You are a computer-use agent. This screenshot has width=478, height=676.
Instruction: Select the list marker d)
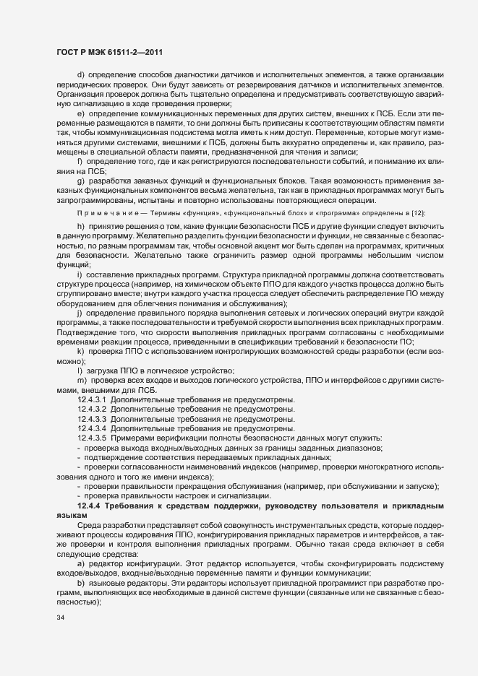[x=80, y=76]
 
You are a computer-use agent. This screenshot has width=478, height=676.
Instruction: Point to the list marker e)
[x=80, y=114]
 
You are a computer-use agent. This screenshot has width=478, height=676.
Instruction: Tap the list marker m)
[x=81, y=381]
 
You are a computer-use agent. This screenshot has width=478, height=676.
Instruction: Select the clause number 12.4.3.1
[x=92, y=399]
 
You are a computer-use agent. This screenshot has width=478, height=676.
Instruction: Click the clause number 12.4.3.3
[x=92, y=418]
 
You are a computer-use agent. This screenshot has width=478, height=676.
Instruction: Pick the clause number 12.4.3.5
[x=92, y=438]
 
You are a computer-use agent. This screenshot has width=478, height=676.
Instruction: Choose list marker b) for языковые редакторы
[x=80, y=581]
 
